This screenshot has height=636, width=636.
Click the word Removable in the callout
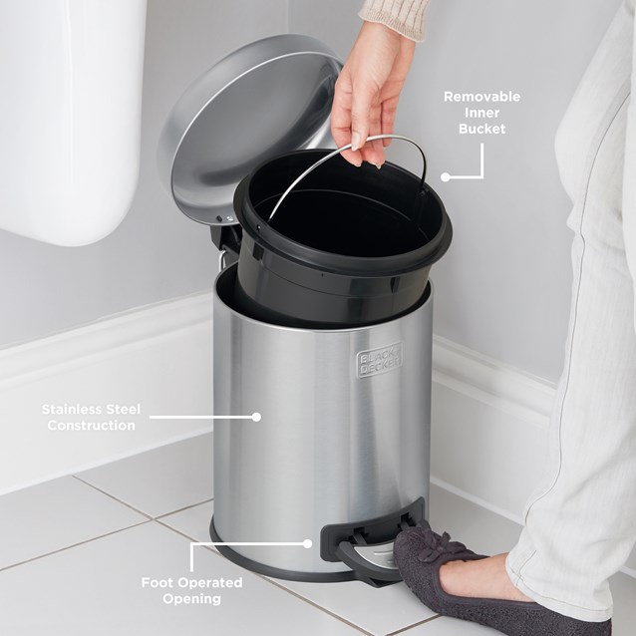[482, 97]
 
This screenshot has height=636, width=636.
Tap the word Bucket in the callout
[482, 130]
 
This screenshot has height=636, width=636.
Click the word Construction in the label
[90, 426]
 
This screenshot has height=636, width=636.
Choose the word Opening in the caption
[190, 599]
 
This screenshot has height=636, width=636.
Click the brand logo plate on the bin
[378, 360]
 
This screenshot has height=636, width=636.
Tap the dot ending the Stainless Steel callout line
[256, 417]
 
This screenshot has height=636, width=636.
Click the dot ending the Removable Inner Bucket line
[446, 177]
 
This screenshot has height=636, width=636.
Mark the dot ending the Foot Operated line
[308, 543]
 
